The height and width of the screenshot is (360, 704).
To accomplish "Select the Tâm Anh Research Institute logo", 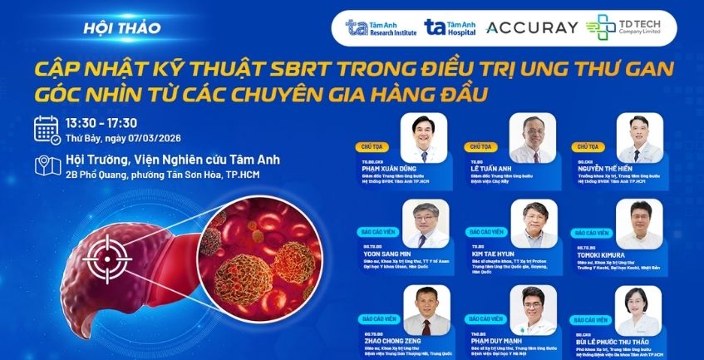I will pyautogui.click(x=377, y=27).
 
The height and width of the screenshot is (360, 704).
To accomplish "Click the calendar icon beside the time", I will pyautogui.click(x=47, y=129).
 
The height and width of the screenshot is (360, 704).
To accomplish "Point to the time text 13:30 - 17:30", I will pyautogui.click(x=101, y=122).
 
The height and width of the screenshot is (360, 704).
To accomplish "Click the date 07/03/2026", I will pyautogui.click(x=154, y=138).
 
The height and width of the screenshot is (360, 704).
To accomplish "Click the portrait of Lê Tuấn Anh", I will pyautogui.click(x=531, y=136).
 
